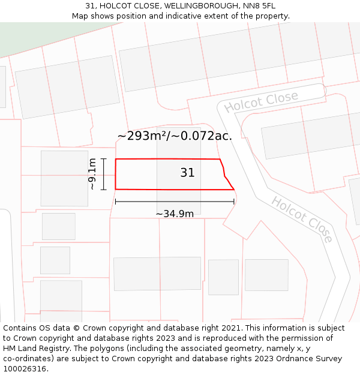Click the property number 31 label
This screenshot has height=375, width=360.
coord(187,173)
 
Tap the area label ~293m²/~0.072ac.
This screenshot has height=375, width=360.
coord(174,136)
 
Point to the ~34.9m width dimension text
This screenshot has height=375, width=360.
coord(175,214)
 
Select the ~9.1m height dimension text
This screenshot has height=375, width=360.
coord(92,174)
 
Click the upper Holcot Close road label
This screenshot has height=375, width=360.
coord(261,102)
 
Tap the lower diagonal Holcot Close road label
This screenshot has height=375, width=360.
coord(302,219)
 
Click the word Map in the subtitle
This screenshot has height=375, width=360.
coord(80,16)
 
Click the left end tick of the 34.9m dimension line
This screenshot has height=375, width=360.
coord(115,202)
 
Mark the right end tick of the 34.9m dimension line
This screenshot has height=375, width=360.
coord(234,202)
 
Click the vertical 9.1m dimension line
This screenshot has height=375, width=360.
coord(104,174)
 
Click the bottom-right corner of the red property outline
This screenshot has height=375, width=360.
coord(233,190)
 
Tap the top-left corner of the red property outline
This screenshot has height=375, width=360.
coord(116,159)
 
